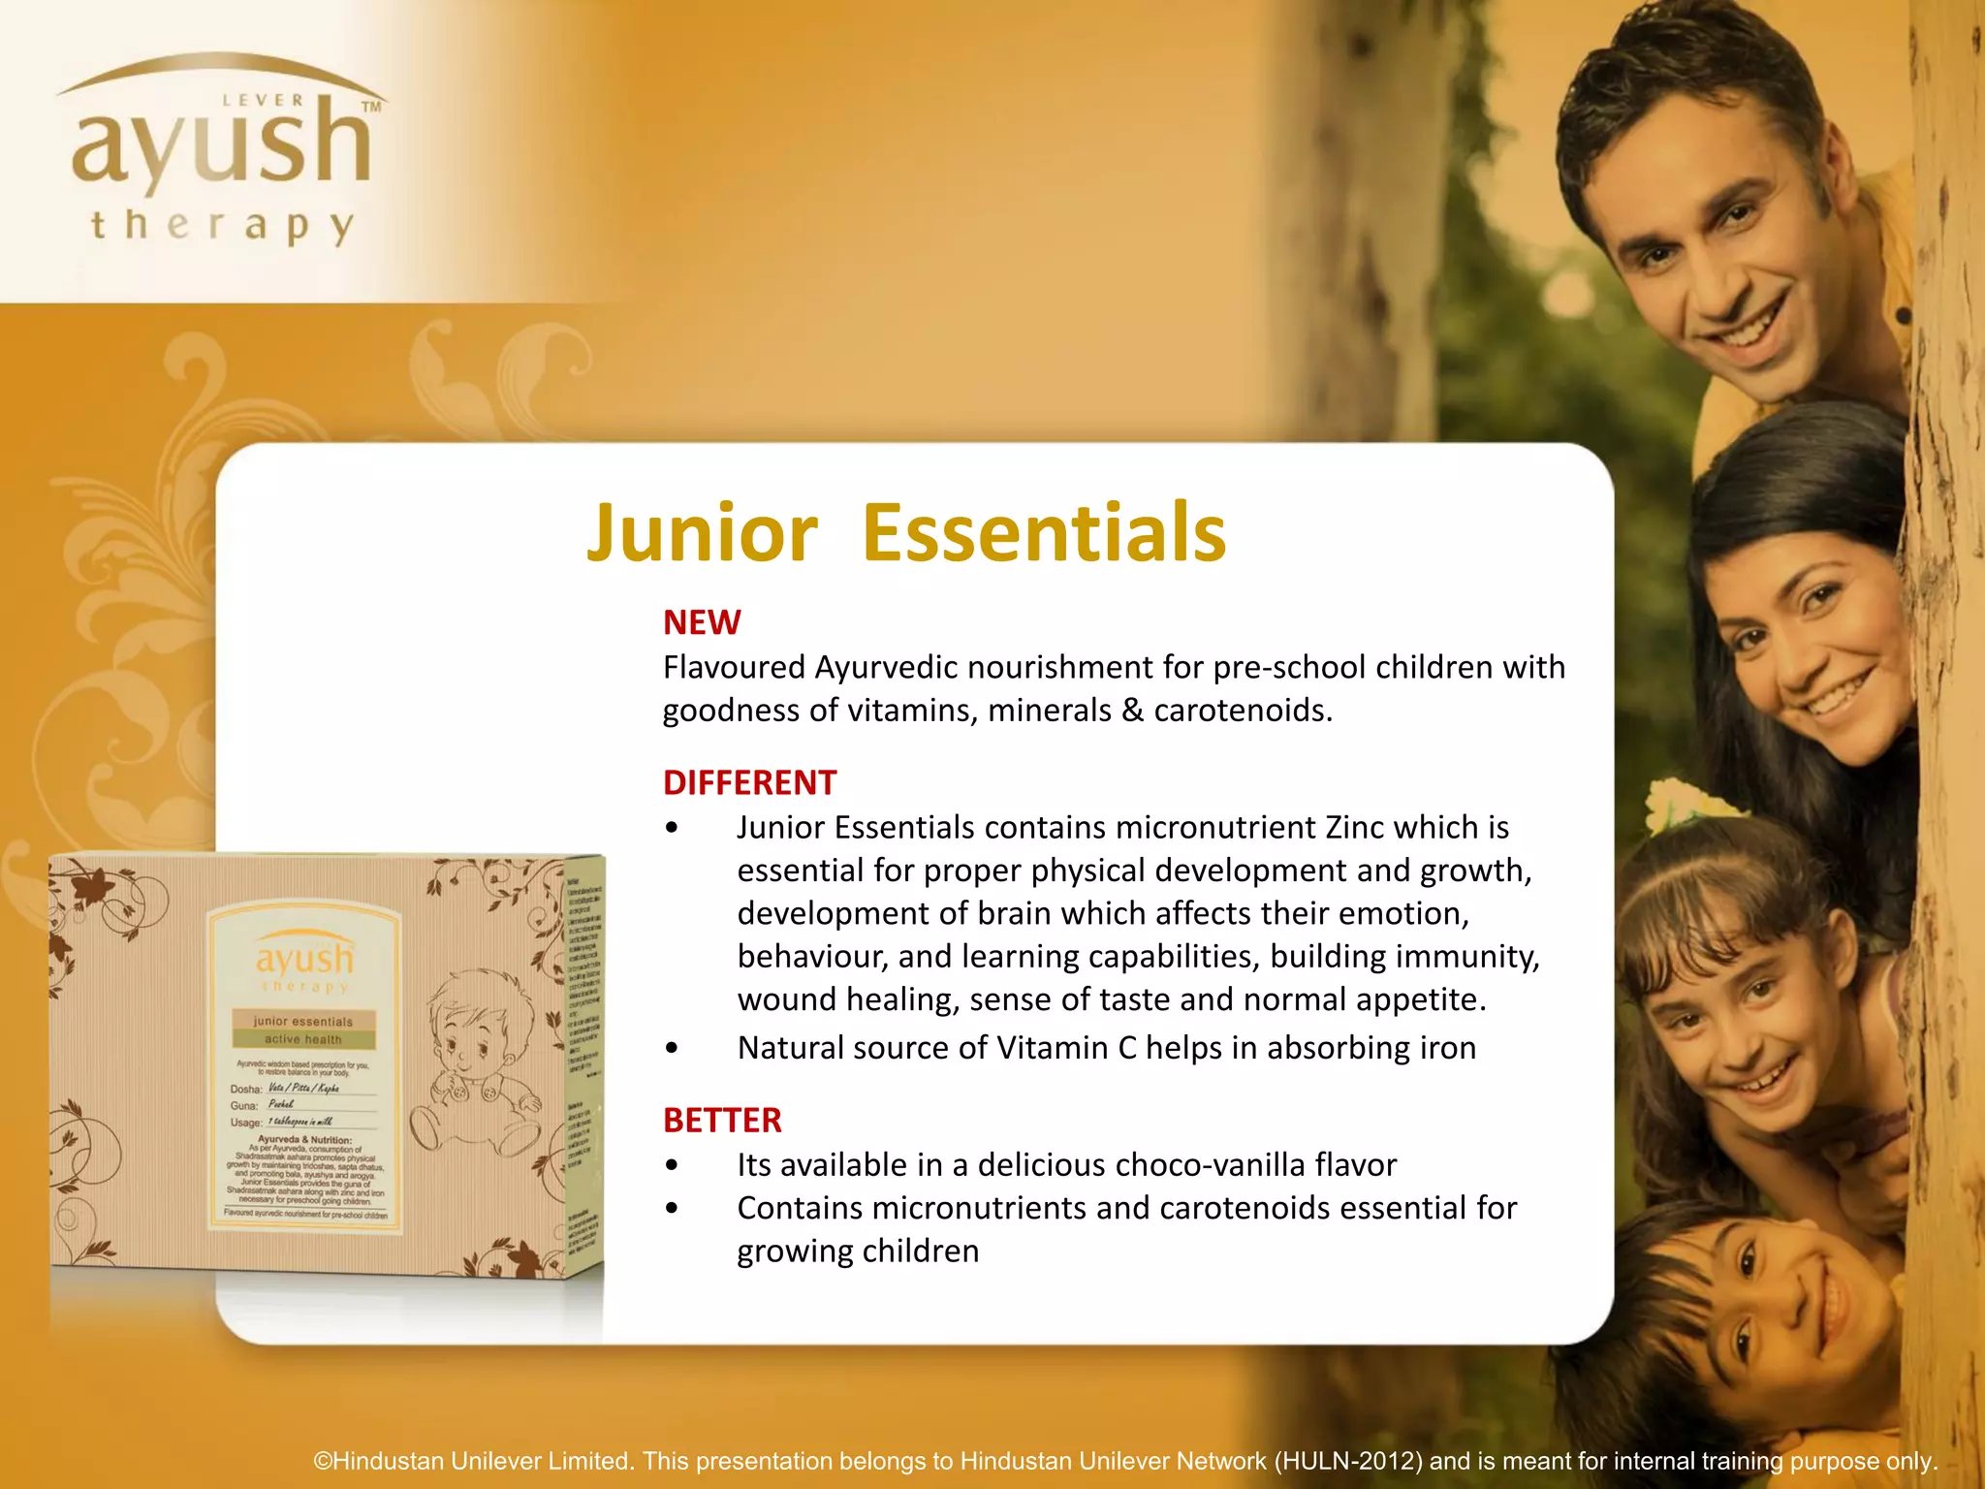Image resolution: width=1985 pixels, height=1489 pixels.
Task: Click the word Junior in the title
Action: click(702, 533)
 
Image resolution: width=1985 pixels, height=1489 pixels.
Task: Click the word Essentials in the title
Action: click(1044, 533)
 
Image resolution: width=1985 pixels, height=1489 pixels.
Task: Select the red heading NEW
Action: click(702, 622)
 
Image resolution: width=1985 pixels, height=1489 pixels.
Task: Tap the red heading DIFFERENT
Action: click(749, 782)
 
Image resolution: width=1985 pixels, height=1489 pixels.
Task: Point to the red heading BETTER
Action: click(722, 1121)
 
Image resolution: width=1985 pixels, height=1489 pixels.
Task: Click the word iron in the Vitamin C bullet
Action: click(1448, 1048)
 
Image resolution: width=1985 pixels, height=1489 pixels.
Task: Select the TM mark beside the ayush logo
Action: click(370, 108)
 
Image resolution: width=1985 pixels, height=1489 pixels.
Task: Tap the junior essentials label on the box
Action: click(303, 1021)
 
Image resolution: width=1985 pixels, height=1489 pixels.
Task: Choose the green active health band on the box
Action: click(303, 1039)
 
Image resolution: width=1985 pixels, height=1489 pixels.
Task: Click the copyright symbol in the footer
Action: click(323, 1461)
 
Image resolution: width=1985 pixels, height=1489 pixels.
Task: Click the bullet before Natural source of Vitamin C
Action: click(672, 1049)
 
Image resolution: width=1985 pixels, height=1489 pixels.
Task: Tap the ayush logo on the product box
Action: click(304, 960)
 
